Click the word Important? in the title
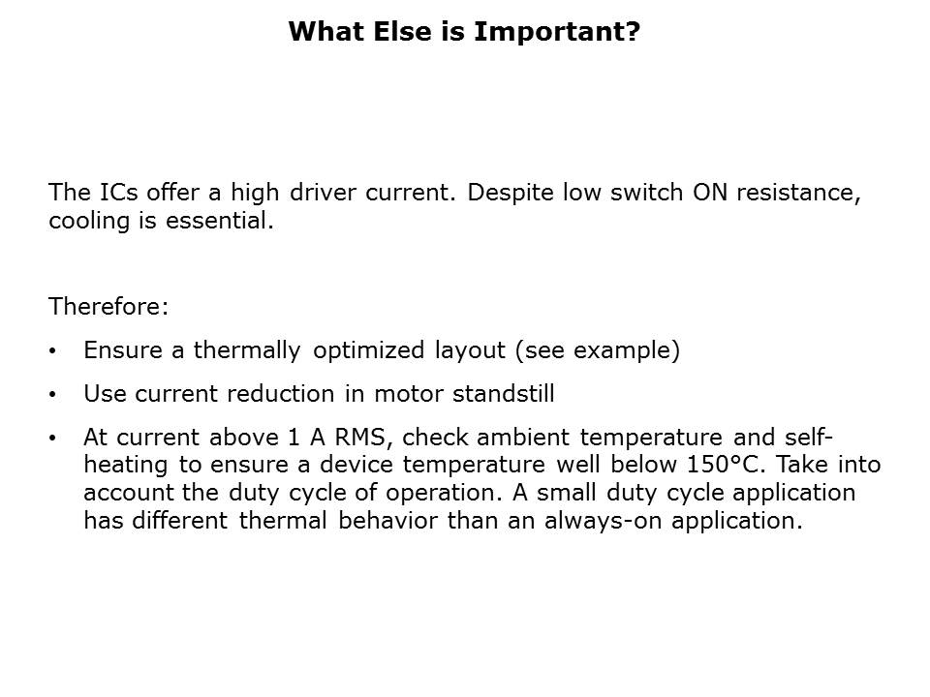pos(557,32)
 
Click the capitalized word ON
pos(710,192)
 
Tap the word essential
pos(220,221)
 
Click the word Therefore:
pos(108,307)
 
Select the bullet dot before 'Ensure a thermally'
pos(52,350)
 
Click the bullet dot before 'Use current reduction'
pos(52,394)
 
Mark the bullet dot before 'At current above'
pos(52,438)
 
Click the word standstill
pos(504,394)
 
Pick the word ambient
pos(523,438)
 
